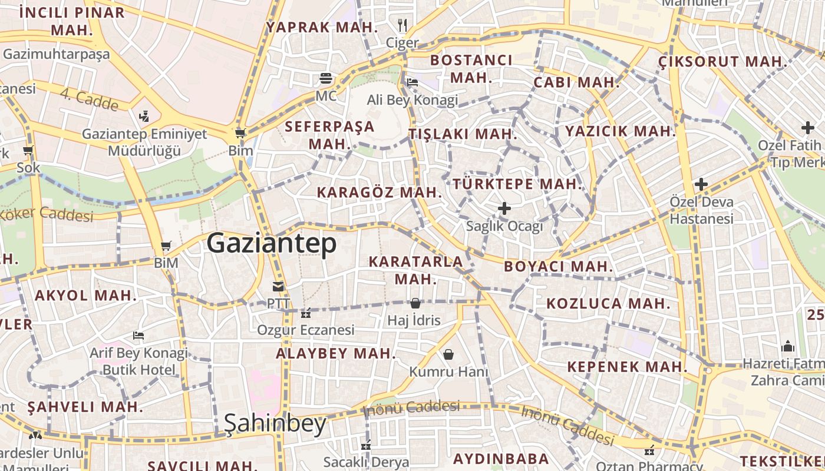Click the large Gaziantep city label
coord(272,243)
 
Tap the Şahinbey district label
coord(275,423)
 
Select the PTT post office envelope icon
coord(278,287)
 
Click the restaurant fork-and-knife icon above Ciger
coord(402,25)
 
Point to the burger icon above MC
coord(325,78)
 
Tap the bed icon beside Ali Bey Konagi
coord(412,82)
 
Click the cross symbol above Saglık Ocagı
coord(504,208)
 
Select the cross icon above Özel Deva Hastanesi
coord(701,184)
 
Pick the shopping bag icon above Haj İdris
coord(415,303)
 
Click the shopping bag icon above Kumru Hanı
coord(448,354)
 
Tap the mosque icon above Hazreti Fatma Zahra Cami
coord(788,346)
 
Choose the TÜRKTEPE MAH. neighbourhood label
coord(517,184)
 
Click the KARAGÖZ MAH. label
coord(379,192)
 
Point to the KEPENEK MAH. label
coord(627,366)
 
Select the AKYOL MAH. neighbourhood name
coord(86,295)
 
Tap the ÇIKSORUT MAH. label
coord(723,61)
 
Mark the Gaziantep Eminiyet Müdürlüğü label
coord(144,142)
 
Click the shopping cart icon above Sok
coord(28,150)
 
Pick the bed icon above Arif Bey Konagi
coord(138,336)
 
